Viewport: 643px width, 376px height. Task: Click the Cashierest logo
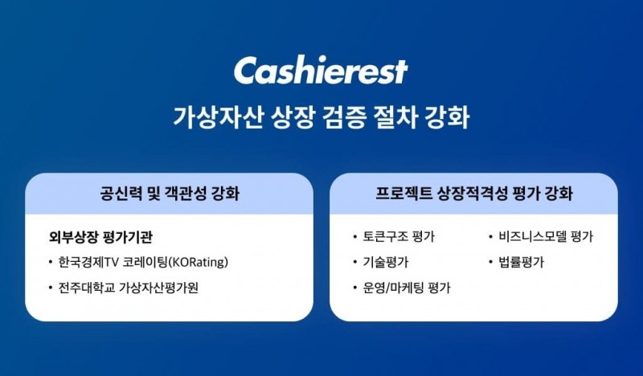click(x=321, y=71)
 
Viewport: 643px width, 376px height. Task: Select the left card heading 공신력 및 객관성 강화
click(x=169, y=194)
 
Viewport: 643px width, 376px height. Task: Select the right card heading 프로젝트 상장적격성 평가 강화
click(x=474, y=194)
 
